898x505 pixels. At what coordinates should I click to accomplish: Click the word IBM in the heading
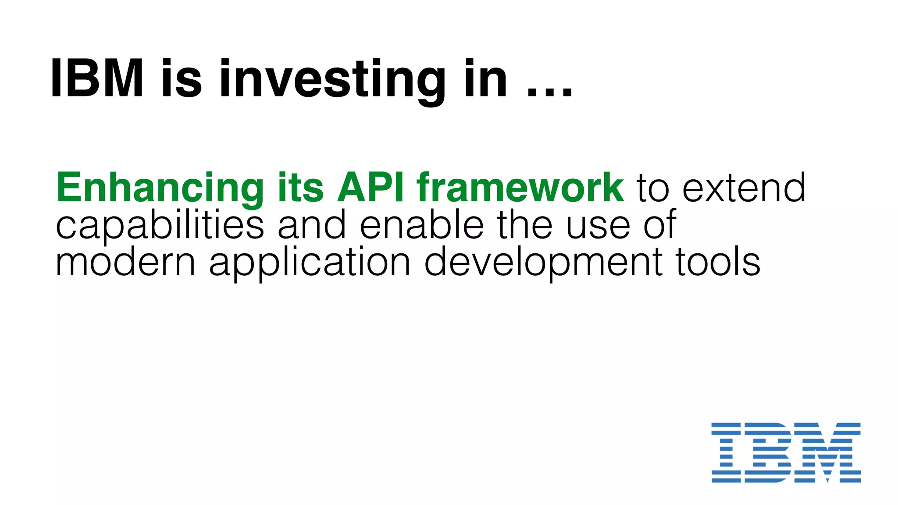tap(97, 79)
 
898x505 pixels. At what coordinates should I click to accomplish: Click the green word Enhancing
tap(160, 188)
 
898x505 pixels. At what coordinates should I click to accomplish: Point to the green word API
tap(371, 187)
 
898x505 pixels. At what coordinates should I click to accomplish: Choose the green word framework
tap(520, 187)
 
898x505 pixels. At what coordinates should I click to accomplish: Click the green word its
tap(300, 187)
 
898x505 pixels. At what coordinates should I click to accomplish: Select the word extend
tap(744, 188)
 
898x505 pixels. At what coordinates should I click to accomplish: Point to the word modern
tap(125, 263)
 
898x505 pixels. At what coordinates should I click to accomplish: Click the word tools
tap(718, 263)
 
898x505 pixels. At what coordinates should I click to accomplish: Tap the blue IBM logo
tap(786, 452)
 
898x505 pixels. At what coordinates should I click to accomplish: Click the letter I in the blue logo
tap(726, 452)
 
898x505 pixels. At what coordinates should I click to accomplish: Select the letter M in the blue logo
tap(827, 452)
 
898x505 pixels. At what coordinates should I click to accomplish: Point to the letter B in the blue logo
tap(768, 452)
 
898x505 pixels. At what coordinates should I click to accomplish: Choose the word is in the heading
tap(182, 79)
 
